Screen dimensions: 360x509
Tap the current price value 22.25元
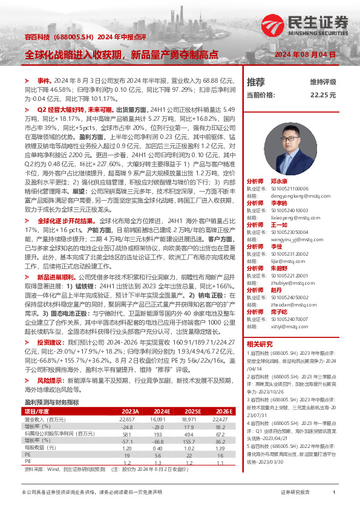tap(323, 95)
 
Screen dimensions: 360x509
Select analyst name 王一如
tap(277, 223)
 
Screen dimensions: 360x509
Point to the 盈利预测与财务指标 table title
tap(51, 384)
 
